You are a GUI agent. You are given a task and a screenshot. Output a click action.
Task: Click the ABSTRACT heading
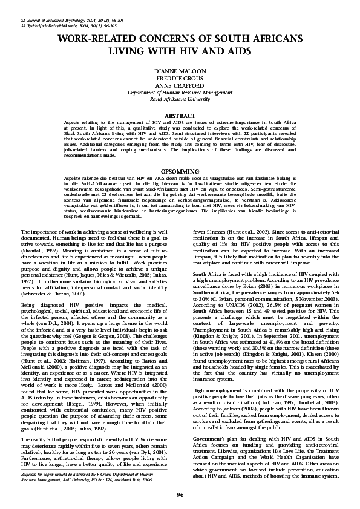tap(180, 114)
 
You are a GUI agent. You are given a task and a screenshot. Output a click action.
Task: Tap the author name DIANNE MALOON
tap(180, 71)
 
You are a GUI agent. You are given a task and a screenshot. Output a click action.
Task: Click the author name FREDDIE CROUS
tap(180, 78)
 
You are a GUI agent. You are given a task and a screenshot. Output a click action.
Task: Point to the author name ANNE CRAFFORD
tap(180, 85)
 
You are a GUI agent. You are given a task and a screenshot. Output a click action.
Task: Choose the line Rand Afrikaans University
tap(180, 99)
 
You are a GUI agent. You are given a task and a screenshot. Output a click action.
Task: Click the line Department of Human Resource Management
tap(180, 93)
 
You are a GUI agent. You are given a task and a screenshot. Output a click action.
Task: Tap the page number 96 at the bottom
tap(180, 494)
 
